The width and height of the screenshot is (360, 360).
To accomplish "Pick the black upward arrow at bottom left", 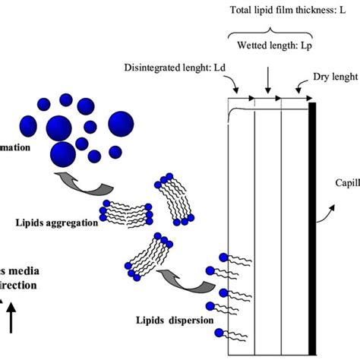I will pyautogui.click(x=12, y=316).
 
